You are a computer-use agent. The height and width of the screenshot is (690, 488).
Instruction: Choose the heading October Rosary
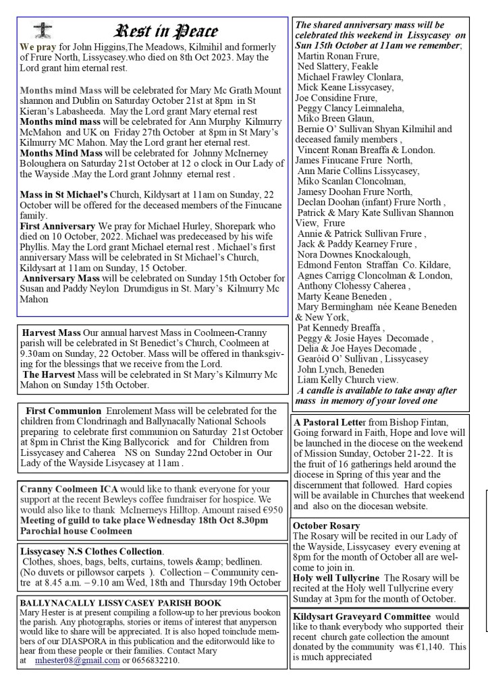(x=326, y=525)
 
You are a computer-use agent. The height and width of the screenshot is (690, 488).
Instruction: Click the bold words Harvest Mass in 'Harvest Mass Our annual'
(x=51, y=333)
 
